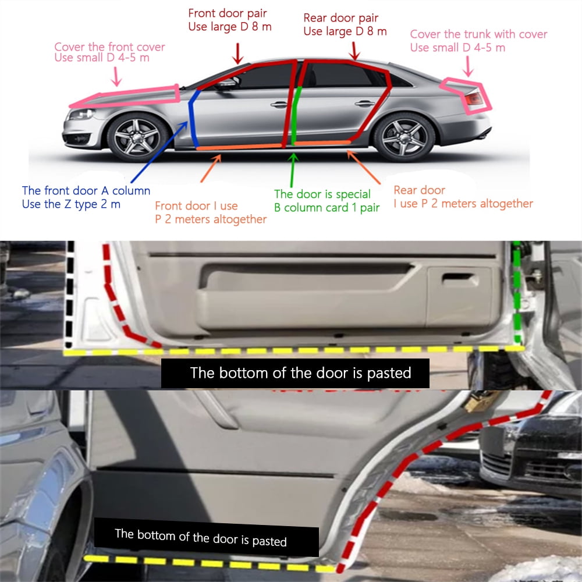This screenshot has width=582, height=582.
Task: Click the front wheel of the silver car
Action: (x=137, y=137)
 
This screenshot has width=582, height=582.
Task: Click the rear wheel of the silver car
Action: (x=404, y=137)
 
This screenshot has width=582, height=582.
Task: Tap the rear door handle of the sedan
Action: (x=364, y=104)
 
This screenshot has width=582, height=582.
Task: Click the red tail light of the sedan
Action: (x=474, y=99)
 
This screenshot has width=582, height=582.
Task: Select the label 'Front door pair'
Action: (x=227, y=13)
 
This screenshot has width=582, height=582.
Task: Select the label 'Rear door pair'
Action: (x=340, y=18)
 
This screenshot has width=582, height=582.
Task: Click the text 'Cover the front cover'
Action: (x=109, y=47)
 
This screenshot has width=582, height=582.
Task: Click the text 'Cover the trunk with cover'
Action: (x=478, y=34)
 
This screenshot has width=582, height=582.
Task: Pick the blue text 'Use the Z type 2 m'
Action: (x=71, y=204)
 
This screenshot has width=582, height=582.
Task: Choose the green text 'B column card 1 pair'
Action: (x=327, y=208)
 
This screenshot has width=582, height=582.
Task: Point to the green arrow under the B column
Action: (x=293, y=171)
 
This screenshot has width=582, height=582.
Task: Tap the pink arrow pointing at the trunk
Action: (x=468, y=66)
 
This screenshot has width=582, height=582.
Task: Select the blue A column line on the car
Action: (x=192, y=118)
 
